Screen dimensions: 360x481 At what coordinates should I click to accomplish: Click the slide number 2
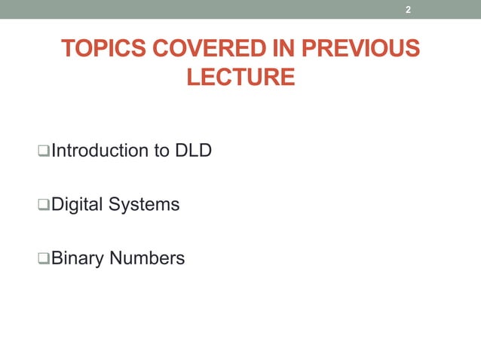[x=408, y=10]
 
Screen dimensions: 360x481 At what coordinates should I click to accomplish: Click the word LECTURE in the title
[x=240, y=77]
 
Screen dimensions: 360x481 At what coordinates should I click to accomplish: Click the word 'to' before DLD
[x=161, y=151]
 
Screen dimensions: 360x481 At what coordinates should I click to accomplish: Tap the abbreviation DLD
[x=193, y=151]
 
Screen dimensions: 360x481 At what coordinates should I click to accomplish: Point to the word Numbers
[x=147, y=258]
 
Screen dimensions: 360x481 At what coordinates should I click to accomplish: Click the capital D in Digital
[x=57, y=204]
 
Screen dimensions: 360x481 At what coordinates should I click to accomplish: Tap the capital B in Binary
[x=57, y=258]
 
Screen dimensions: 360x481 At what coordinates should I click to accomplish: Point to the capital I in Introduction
[x=54, y=151]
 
